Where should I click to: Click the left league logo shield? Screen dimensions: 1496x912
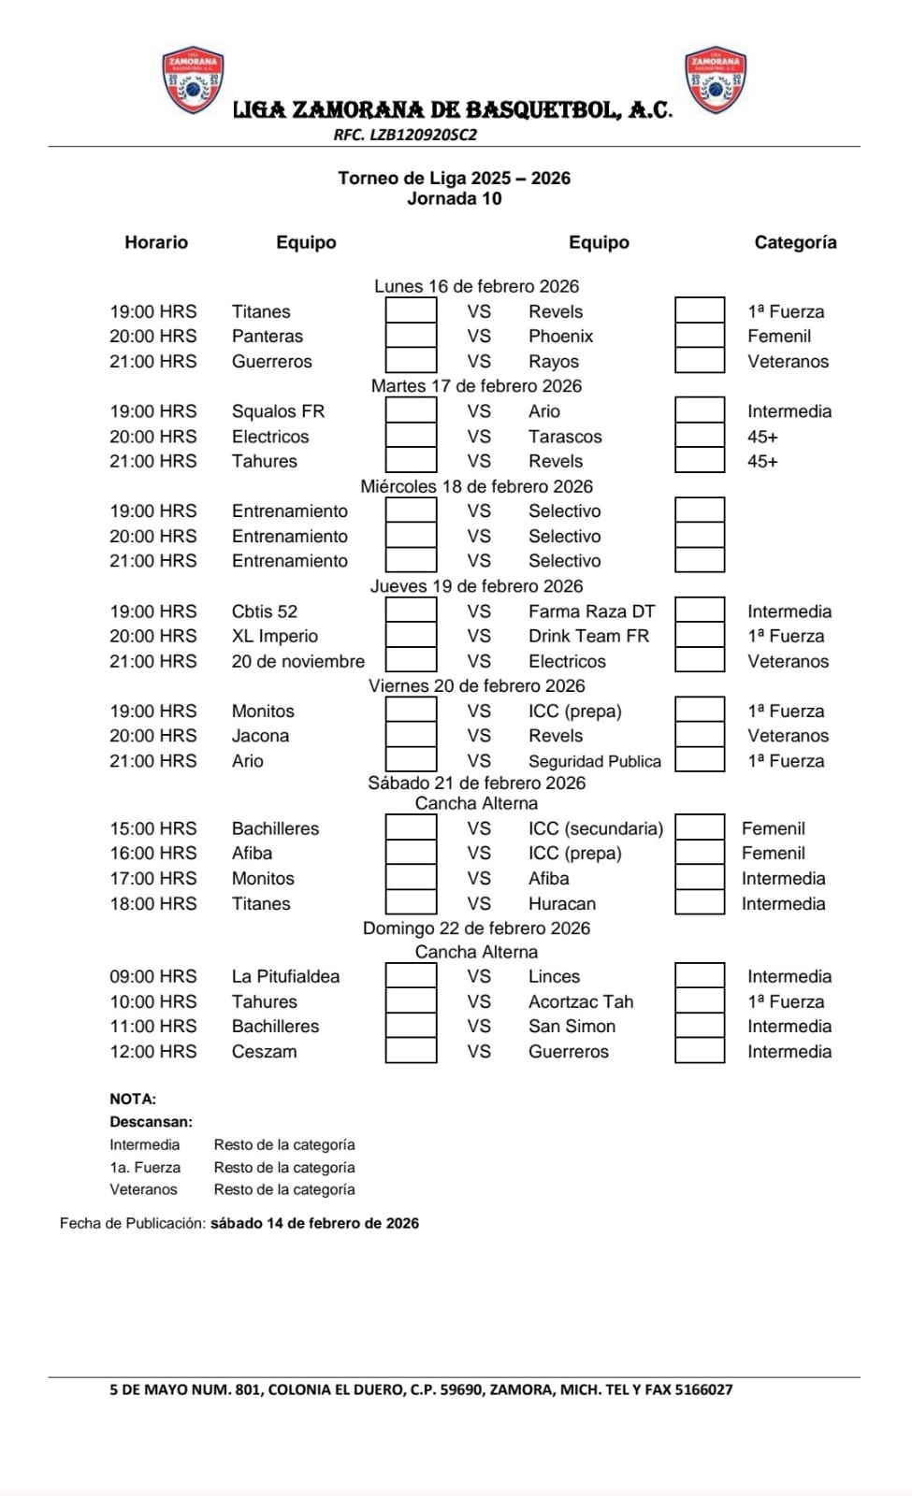(194, 80)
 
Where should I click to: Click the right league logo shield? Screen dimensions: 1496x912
(716, 80)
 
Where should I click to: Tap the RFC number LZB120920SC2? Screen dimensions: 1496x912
(405, 135)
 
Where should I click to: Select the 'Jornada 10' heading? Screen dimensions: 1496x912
(454, 198)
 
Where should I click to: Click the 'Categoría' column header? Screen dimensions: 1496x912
(795, 242)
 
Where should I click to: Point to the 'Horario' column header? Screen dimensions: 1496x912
(156, 242)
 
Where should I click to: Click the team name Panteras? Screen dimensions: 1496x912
(268, 336)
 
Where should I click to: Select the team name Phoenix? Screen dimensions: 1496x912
(560, 336)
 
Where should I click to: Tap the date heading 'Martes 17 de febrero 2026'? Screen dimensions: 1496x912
(476, 386)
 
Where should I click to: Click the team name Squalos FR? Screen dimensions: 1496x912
(278, 411)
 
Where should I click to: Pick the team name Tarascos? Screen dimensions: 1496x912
(565, 437)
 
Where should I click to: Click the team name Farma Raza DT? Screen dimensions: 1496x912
(591, 611)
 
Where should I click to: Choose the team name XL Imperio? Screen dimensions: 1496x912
(275, 636)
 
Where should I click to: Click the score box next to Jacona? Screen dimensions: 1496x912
(411, 736)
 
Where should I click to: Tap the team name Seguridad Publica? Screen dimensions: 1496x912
(594, 761)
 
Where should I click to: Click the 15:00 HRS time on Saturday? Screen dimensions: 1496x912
(153, 828)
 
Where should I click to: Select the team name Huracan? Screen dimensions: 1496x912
(561, 904)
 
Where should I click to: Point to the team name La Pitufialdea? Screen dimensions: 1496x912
(285, 976)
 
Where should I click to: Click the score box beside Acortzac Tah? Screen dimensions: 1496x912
(700, 1001)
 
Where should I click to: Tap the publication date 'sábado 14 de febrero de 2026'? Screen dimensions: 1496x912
(314, 1223)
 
